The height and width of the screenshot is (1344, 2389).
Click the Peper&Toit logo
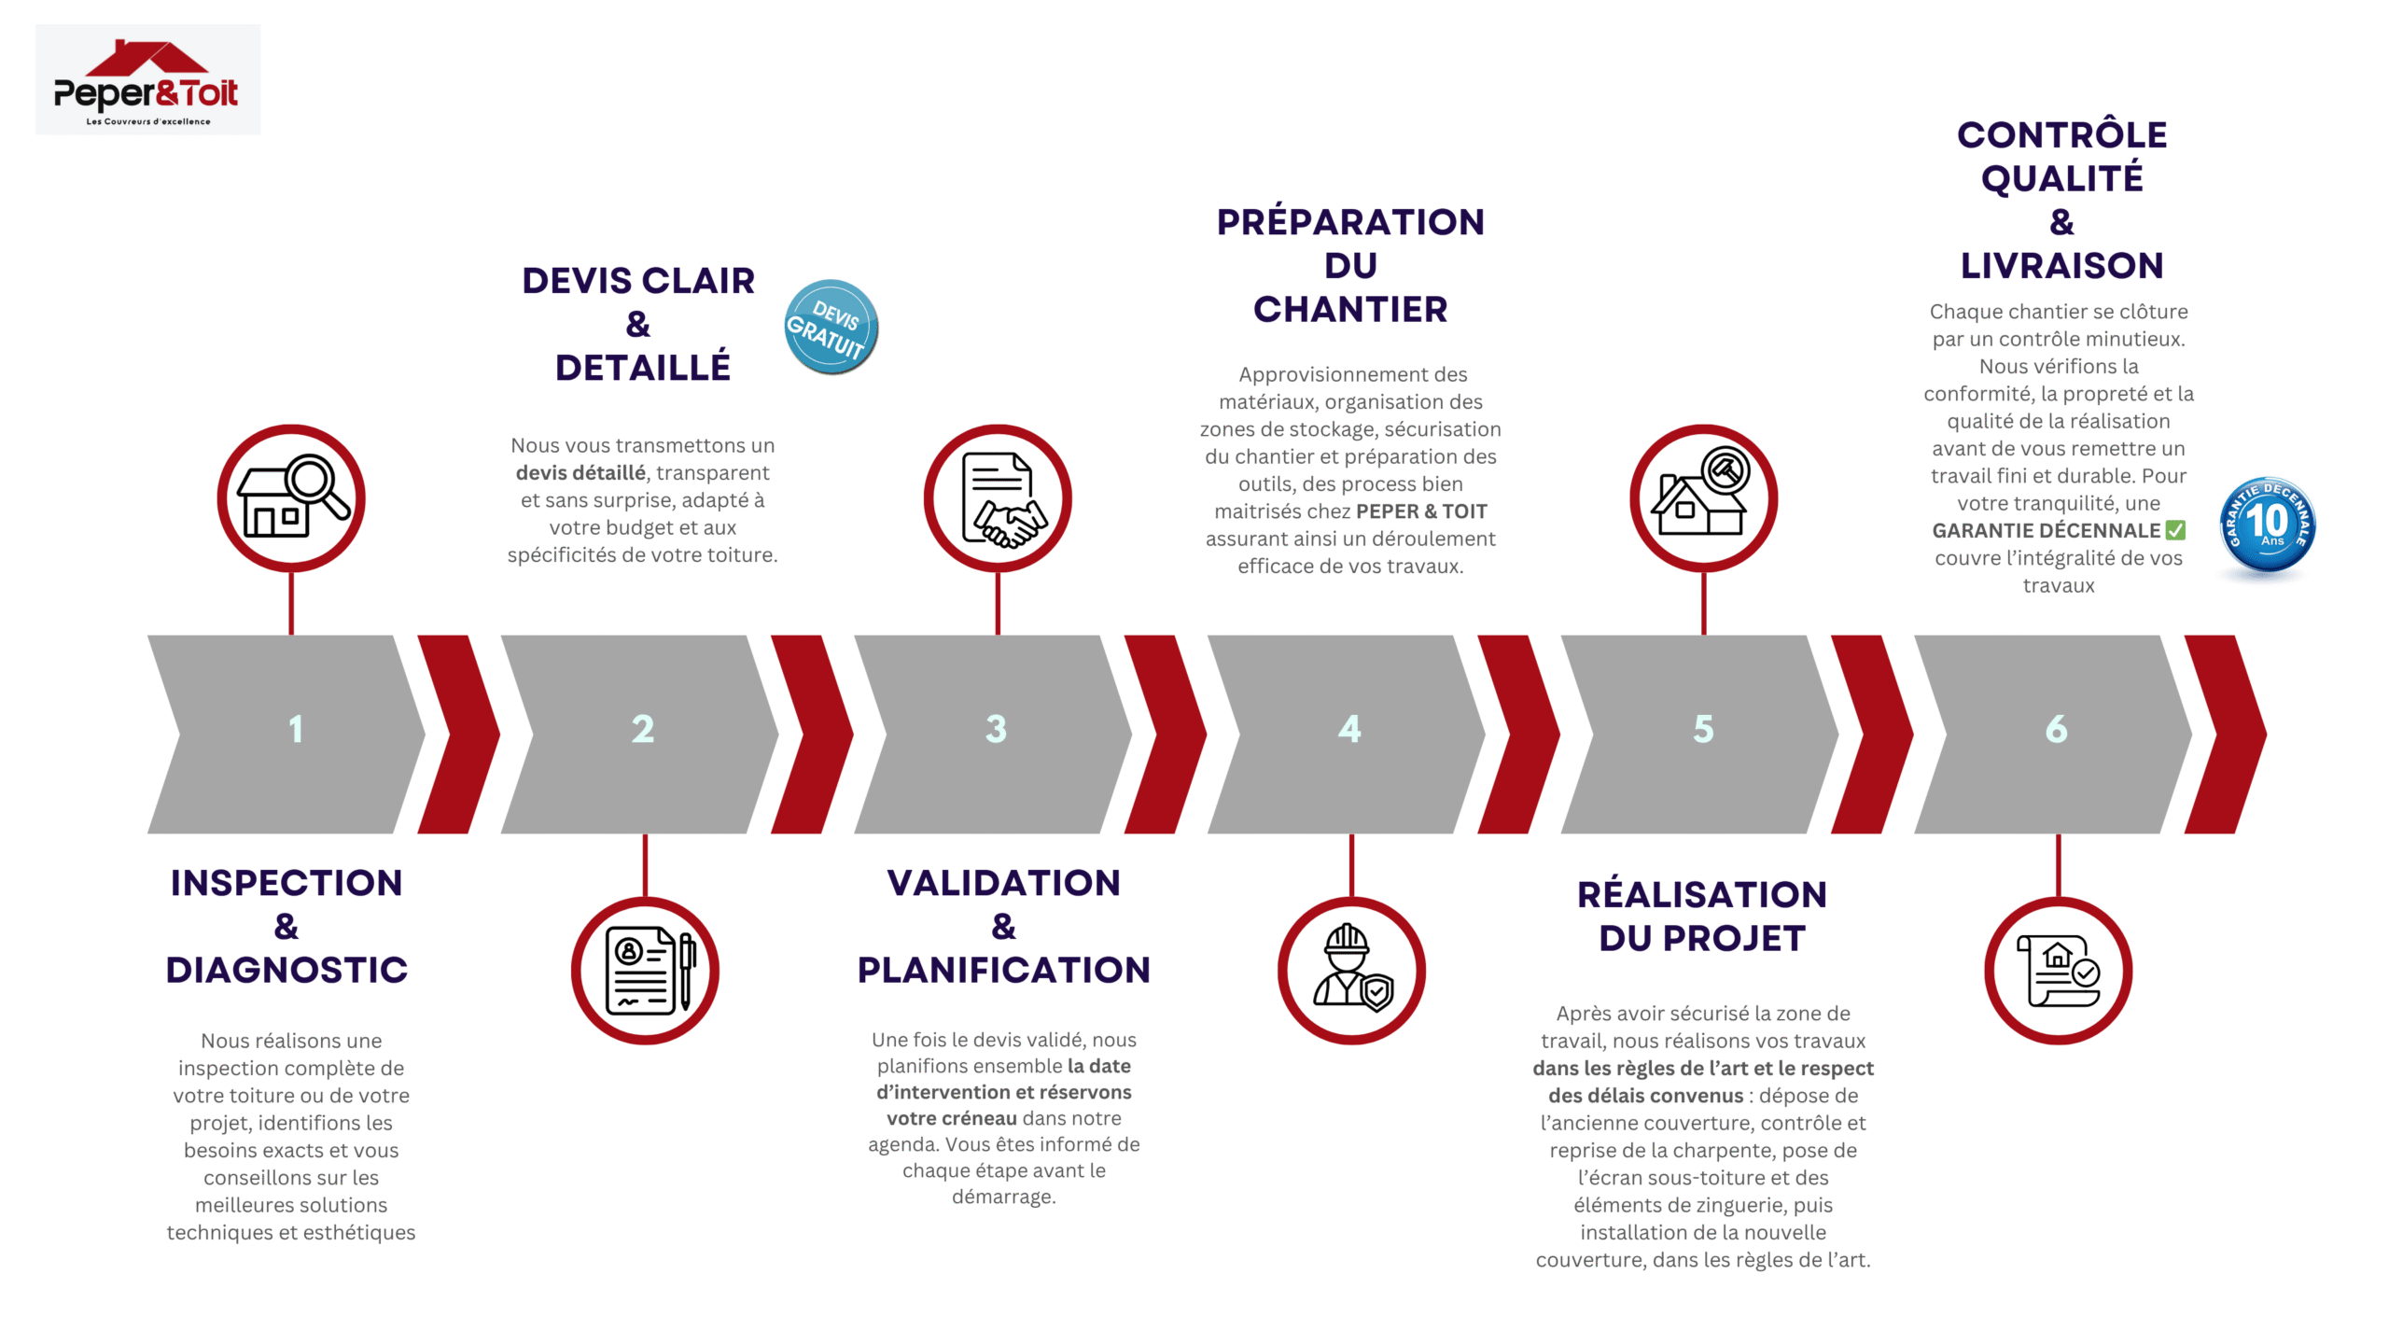coord(147,80)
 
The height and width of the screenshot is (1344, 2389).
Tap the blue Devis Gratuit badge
coord(830,328)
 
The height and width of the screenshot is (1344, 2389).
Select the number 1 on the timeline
coord(296,729)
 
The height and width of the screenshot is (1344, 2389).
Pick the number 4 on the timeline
coord(1349,729)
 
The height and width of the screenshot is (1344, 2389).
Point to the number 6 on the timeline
coord(2056,729)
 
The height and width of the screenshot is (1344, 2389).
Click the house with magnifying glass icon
coord(291,498)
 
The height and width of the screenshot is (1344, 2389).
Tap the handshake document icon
coord(998,498)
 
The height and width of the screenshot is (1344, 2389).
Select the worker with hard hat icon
coord(1351,971)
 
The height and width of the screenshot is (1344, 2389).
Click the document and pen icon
coord(645,971)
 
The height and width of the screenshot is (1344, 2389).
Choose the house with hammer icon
coord(1703,498)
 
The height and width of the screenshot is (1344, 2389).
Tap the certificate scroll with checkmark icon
coord(2058,971)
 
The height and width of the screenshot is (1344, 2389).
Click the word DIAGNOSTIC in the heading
coord(286,970)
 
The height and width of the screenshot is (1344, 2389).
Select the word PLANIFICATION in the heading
coord(1003,970)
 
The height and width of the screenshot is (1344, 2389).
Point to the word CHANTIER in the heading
coord(1350,309)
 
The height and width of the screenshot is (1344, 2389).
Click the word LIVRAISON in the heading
coord(2061,266)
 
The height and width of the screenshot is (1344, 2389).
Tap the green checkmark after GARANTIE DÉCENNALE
coord(2175,530)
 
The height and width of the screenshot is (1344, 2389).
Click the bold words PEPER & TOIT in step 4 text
coord(1421,511)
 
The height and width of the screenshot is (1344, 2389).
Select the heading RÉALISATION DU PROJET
coord(1702,916)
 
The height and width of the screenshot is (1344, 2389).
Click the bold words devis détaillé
coord(580,473)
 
